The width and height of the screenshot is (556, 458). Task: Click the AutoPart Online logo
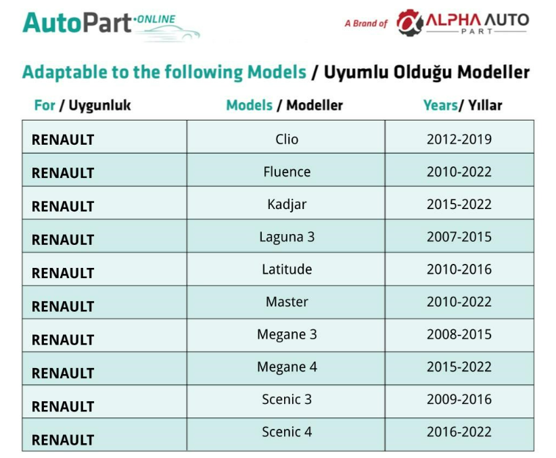[x=111, y=26]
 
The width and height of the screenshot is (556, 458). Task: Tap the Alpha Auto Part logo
[x=463, y=22]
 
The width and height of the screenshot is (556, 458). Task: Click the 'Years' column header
[x=463, y=106]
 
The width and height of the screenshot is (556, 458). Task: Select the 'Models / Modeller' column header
[x=284, y=106]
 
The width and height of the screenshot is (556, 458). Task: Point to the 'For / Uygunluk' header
[x=83, y=106]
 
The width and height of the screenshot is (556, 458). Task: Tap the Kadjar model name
[x=287, y=205]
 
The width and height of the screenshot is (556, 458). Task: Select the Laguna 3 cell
[x=287, y=237]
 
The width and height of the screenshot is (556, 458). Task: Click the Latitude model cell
[x=287, y=269]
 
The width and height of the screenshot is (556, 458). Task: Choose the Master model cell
[x=287, y=302]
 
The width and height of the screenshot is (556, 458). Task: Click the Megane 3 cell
[x=287, y=335]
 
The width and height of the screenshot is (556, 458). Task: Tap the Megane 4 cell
[x=287, y=367]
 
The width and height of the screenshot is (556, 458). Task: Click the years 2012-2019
[x=459, y=139]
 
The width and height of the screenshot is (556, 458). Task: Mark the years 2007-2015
[x=459, y=237]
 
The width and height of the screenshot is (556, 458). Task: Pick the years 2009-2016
[x=459, y=399]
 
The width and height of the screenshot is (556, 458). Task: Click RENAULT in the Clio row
[x=63, y=140]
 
